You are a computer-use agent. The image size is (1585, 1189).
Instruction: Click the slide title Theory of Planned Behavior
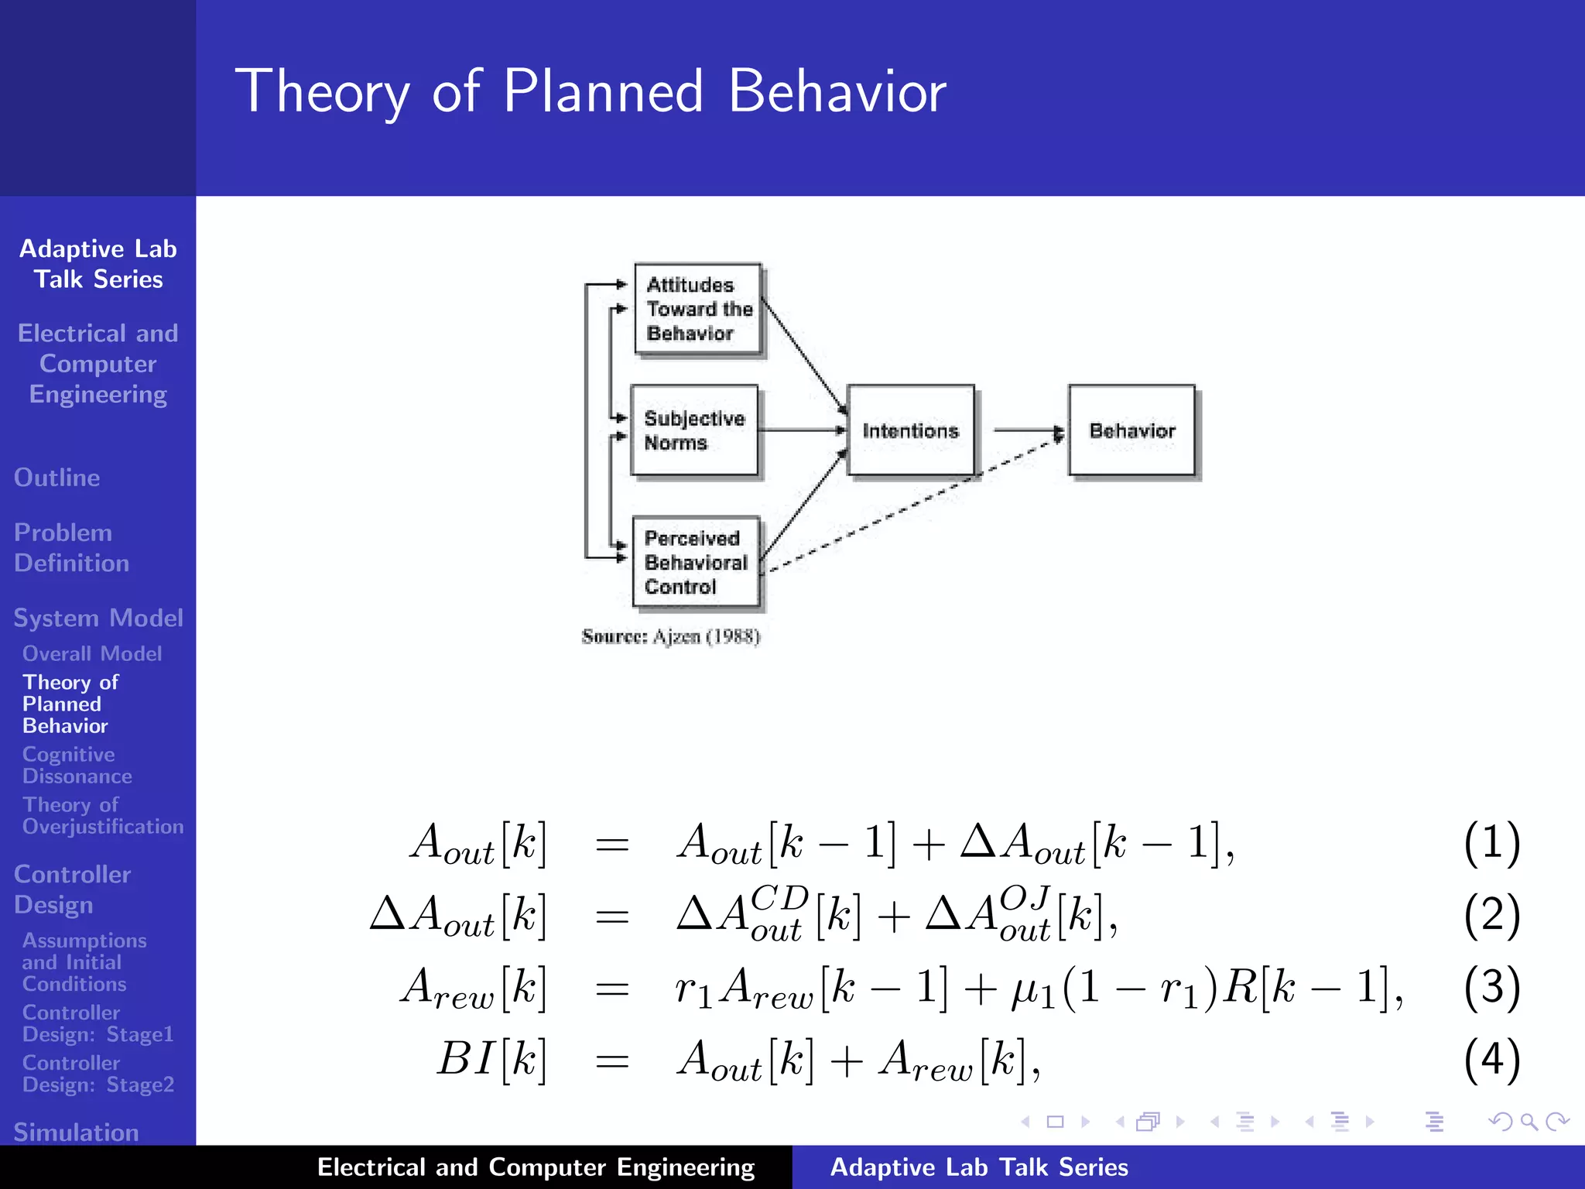click(x=590, y=91)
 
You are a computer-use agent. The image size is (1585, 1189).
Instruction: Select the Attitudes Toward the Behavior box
click(x=697, y=310)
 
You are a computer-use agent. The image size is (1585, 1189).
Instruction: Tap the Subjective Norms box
click(x=694, y=430)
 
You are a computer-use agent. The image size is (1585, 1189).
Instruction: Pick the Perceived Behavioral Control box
click(x=695, y=562)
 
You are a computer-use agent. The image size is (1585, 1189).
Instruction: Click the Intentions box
click(x=910, y=430)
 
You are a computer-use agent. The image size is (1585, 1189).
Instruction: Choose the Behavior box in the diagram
click(x=1131, y=430)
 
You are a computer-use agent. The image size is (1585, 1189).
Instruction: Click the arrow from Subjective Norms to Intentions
click(x=801, y=430)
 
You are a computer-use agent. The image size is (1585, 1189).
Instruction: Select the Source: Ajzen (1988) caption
click(x=671, y=636)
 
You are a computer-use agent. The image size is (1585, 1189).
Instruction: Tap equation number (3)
click(x=1491, y=987)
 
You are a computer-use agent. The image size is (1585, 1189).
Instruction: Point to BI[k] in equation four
click(x=491, y=1059)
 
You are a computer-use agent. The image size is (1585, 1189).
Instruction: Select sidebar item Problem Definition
click(x=71, y=547)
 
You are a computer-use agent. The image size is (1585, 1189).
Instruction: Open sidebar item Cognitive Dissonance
click(x=77, y=765)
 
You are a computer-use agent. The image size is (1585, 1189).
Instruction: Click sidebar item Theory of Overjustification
click(x=102, y=815)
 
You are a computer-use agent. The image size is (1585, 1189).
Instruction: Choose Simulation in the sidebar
click(x=76, y=1132)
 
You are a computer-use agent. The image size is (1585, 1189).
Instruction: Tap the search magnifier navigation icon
click(x=1529, y=1122)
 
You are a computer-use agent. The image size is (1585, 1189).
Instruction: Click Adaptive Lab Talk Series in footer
click(x=979, y=1167)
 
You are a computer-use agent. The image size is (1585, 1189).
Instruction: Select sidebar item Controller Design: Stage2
click(x=98, y=1074)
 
